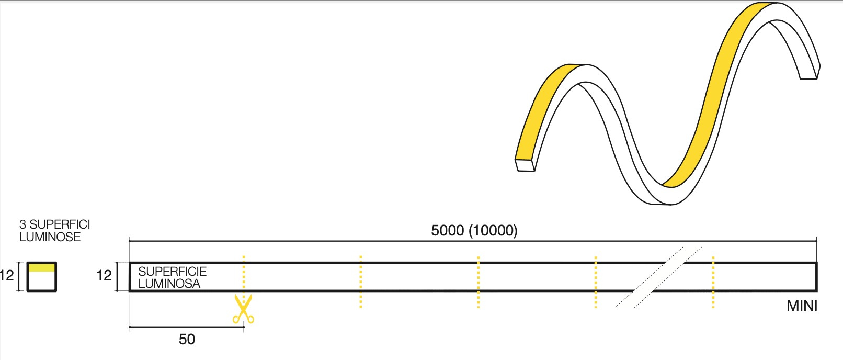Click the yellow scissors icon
[x=243, y=309]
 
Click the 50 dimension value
[x=187, y=340]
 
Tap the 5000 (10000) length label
[x=474, y=230]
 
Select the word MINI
[x=802, y=306]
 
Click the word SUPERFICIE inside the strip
[x=172, y=271]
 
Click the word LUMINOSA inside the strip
[x=169, y=284]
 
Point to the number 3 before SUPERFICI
[x=22, y=224]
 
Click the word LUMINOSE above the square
[x=50, y=237]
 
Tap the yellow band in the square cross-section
[x=41, y=267]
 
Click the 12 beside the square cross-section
[x=7, y=275]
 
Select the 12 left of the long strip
[x=104, y=275]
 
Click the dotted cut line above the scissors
[x=244, y=275]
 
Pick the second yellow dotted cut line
[x=361, y=282]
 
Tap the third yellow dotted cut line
[x=478, y=282]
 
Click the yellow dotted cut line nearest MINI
[x=713, y=282]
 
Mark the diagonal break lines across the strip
[x=658, y=277]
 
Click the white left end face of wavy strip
[x=525, y=165]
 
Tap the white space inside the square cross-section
[x=41, y=281]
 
